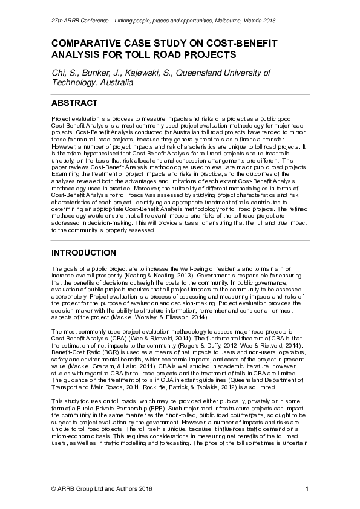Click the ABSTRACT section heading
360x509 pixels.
coord(75,103)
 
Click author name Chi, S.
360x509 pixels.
coord(64,73)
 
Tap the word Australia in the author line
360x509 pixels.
coord(116,83)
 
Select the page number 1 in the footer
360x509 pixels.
coord(307,488)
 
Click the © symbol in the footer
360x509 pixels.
coord(55,488)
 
